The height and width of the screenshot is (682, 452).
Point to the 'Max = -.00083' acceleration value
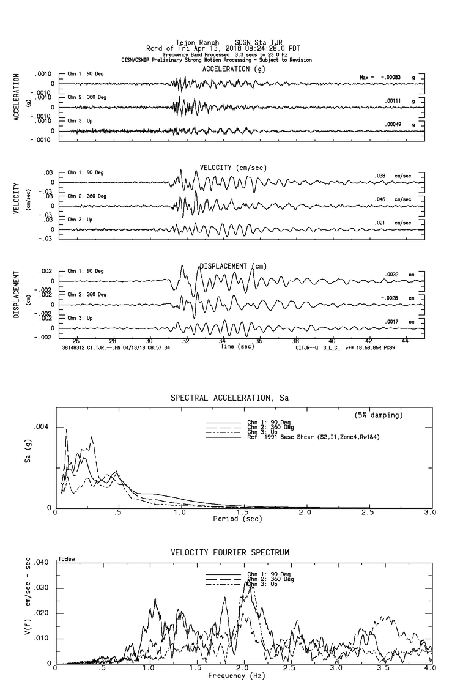(380, 78)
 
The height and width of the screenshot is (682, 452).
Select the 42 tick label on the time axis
(368, 340)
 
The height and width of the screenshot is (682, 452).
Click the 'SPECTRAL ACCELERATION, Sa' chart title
(229, 398)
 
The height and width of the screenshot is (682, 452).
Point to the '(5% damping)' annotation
(379, 415)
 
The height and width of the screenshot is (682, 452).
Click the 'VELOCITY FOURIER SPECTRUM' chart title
(229, 553)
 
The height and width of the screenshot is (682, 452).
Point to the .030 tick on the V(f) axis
(39, 588)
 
